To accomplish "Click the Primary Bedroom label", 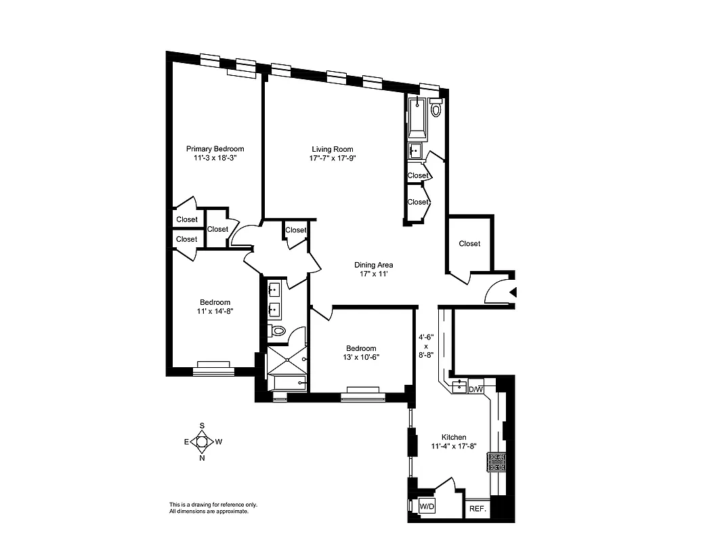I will (215, 148).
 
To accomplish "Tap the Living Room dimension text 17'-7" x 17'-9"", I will (332, 159).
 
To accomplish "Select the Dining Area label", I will (373, 265).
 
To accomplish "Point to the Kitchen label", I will (454, 437).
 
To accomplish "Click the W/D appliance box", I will (427, 506).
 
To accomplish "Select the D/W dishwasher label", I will (476, 389).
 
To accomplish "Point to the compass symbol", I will (202, 442).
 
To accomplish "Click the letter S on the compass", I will (202, 425).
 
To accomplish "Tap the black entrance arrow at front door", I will (513, 293).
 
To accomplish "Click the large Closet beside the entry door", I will (469, 243).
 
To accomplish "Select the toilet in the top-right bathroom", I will (436, 108).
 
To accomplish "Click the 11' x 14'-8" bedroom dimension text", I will (215, 311).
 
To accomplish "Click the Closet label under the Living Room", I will (296, 230).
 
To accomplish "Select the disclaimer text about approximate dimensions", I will (213, 508).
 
